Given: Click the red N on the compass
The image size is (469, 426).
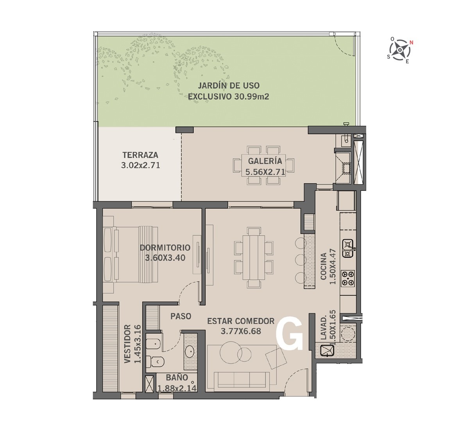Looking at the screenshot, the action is [x=412, y=42].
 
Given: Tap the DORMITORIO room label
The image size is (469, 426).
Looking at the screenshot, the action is [x=165, y=247].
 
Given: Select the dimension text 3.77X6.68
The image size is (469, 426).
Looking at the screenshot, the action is [x=241, y=331].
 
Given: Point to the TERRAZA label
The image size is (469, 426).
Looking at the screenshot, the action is [x=140, y=155].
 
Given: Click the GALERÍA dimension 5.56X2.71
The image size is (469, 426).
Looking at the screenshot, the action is [x=265, y=172].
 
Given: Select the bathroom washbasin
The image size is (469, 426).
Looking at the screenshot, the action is [x=190, y=351].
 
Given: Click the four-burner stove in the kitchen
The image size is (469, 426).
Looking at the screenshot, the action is [x=348, y=278].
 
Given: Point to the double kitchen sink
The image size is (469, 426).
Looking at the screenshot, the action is [x=348, y=248].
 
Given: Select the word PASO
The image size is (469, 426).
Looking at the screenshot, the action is [x=181, y=316].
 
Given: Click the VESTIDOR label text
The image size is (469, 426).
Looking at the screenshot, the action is [x=127, y=344].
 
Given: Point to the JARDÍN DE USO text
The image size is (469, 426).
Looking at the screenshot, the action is [x=229, y=86].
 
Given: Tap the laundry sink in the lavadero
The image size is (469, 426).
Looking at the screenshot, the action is [x=327, y=351].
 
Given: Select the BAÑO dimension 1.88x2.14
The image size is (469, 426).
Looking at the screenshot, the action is [x=177, y=388].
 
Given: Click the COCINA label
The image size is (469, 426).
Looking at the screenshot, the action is [x=323, y=266].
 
